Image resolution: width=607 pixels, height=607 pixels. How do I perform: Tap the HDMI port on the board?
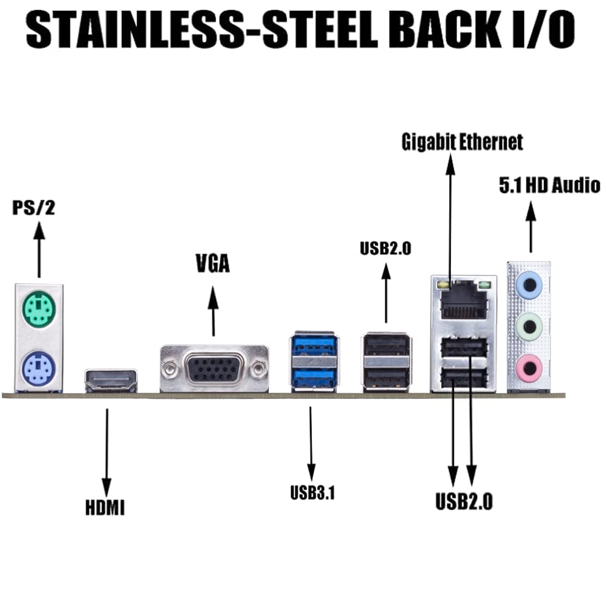(x=111, y=381)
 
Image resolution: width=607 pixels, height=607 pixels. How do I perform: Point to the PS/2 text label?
(x=33, y=208)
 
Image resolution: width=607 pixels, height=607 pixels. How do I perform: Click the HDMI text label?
(x=105, y=507)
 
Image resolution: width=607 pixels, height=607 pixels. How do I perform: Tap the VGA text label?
(x=212, y=265)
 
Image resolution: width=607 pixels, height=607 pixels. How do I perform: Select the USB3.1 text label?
(x=313, y=493)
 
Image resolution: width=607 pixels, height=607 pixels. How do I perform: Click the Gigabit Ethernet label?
(x=462, y=142)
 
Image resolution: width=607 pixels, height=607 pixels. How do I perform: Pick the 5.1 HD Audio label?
(x=549, y=185)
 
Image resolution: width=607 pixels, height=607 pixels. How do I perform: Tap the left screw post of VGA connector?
(x=171, y=367)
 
